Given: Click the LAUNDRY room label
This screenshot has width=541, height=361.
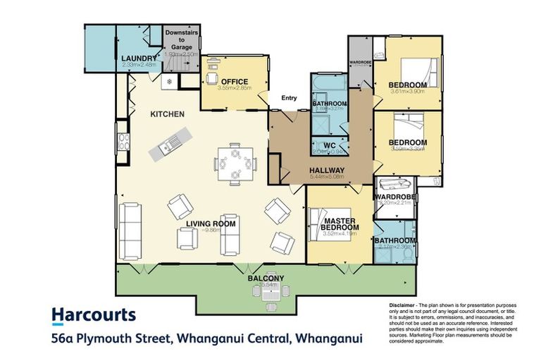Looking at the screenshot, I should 138,59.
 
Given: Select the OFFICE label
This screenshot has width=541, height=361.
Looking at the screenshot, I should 235,81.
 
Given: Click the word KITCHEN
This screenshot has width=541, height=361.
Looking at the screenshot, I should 168,114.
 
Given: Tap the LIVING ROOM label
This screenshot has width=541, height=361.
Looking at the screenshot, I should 211,224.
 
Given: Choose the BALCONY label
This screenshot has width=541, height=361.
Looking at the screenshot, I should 266,279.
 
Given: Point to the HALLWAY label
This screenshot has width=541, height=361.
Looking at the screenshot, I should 326,171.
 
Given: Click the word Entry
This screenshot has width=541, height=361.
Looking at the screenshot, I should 289,98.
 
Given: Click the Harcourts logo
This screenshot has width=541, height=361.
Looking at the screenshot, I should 94,314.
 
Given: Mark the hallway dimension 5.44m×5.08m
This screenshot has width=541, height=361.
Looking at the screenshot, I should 326,178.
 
